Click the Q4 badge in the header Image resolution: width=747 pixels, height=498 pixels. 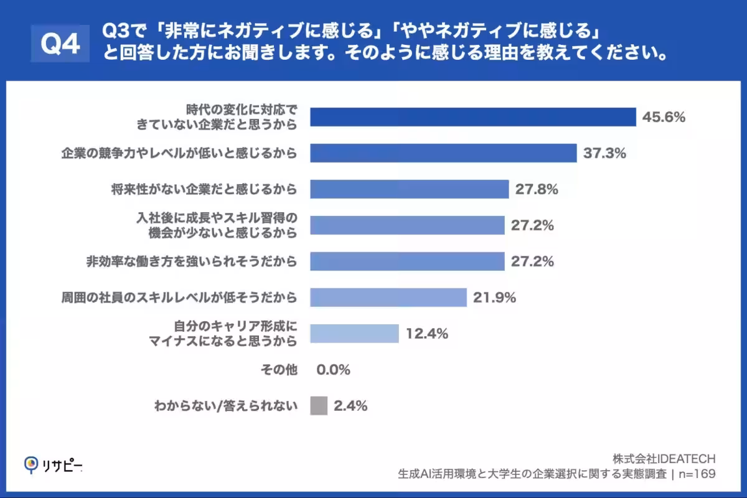tap(60, 44)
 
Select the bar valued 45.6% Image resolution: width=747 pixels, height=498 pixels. tap(473, 117)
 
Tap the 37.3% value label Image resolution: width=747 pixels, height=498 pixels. tap(604, 153)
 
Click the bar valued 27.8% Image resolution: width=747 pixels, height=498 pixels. tap(410, 189)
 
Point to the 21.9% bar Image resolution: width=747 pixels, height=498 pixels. tap(388, 298)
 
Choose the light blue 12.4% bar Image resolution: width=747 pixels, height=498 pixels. tap(354, 334)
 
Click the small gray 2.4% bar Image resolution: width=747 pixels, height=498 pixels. tap(319, 406)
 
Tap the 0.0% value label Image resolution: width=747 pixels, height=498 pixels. tap(334, 370)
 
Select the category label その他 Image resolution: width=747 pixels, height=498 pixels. tap(278, 370)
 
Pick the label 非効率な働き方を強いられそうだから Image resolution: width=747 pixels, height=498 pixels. tap(191, 261)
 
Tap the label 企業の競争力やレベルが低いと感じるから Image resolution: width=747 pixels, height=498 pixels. tap(179, 153)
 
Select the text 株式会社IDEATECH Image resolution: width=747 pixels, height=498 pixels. tap(664, 459)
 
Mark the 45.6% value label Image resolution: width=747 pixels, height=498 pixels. tap(664, 117)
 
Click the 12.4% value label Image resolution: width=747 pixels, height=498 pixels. tap(427, 334)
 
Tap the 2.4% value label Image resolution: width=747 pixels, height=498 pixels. tap(350, 406)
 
